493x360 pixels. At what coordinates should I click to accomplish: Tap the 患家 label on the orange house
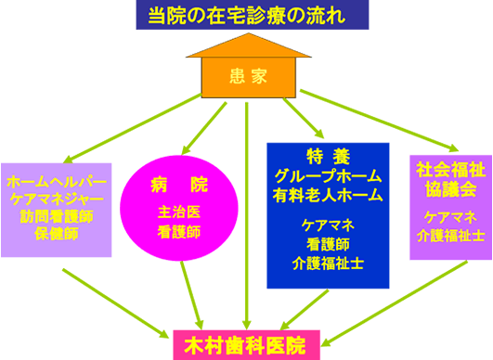tap(247, 76)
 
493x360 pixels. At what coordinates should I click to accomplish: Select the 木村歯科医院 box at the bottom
tap(247, 342)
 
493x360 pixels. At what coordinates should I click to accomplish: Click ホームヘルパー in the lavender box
tap(56, 181)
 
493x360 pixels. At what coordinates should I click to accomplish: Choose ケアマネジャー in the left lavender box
tap(56, 198)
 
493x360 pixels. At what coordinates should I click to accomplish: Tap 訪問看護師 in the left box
tap(56, 215)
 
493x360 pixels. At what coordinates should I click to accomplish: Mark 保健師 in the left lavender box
tap(56, 232)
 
